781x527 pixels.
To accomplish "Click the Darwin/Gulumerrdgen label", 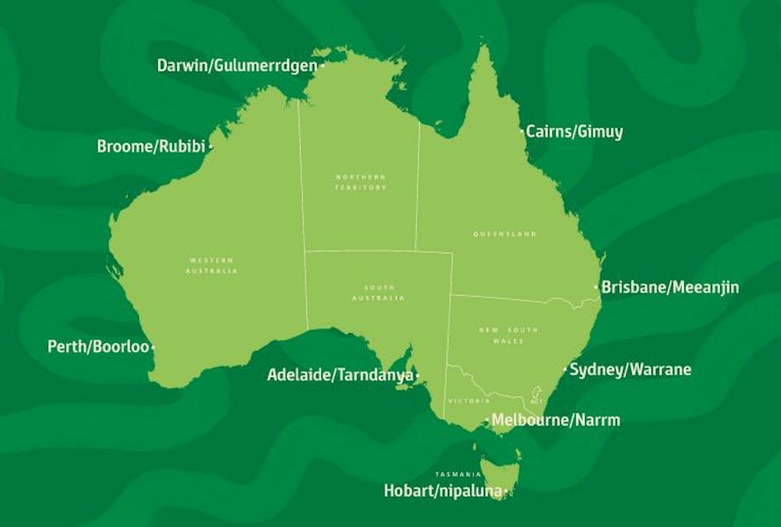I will (236, 65).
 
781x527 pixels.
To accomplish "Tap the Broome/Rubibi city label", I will (151, 146).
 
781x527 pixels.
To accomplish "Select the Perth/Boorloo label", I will (98, 347).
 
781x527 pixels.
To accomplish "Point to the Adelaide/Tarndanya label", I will (339, 375).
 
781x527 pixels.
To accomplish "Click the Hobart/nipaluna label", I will (442, 492).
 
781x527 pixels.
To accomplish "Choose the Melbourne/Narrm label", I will (556, 420).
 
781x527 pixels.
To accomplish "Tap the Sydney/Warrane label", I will (631, 370).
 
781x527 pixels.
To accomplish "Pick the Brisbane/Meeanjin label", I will (670, 288).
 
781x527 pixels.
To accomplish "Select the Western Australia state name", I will (211, 265).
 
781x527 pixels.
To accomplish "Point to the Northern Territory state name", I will (361, 182).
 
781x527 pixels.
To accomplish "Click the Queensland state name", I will (506, 234).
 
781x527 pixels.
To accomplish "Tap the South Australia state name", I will (378, 292).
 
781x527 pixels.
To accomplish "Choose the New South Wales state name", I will (508, 335).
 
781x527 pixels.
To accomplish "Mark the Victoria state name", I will (469, 401).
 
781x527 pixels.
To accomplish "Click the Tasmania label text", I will (458, 474).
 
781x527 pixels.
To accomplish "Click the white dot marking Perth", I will (153, 347).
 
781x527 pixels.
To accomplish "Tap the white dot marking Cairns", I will (522, 132).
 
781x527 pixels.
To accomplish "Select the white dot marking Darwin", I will (322, 66).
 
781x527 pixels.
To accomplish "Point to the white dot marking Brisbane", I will (596, 288).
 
